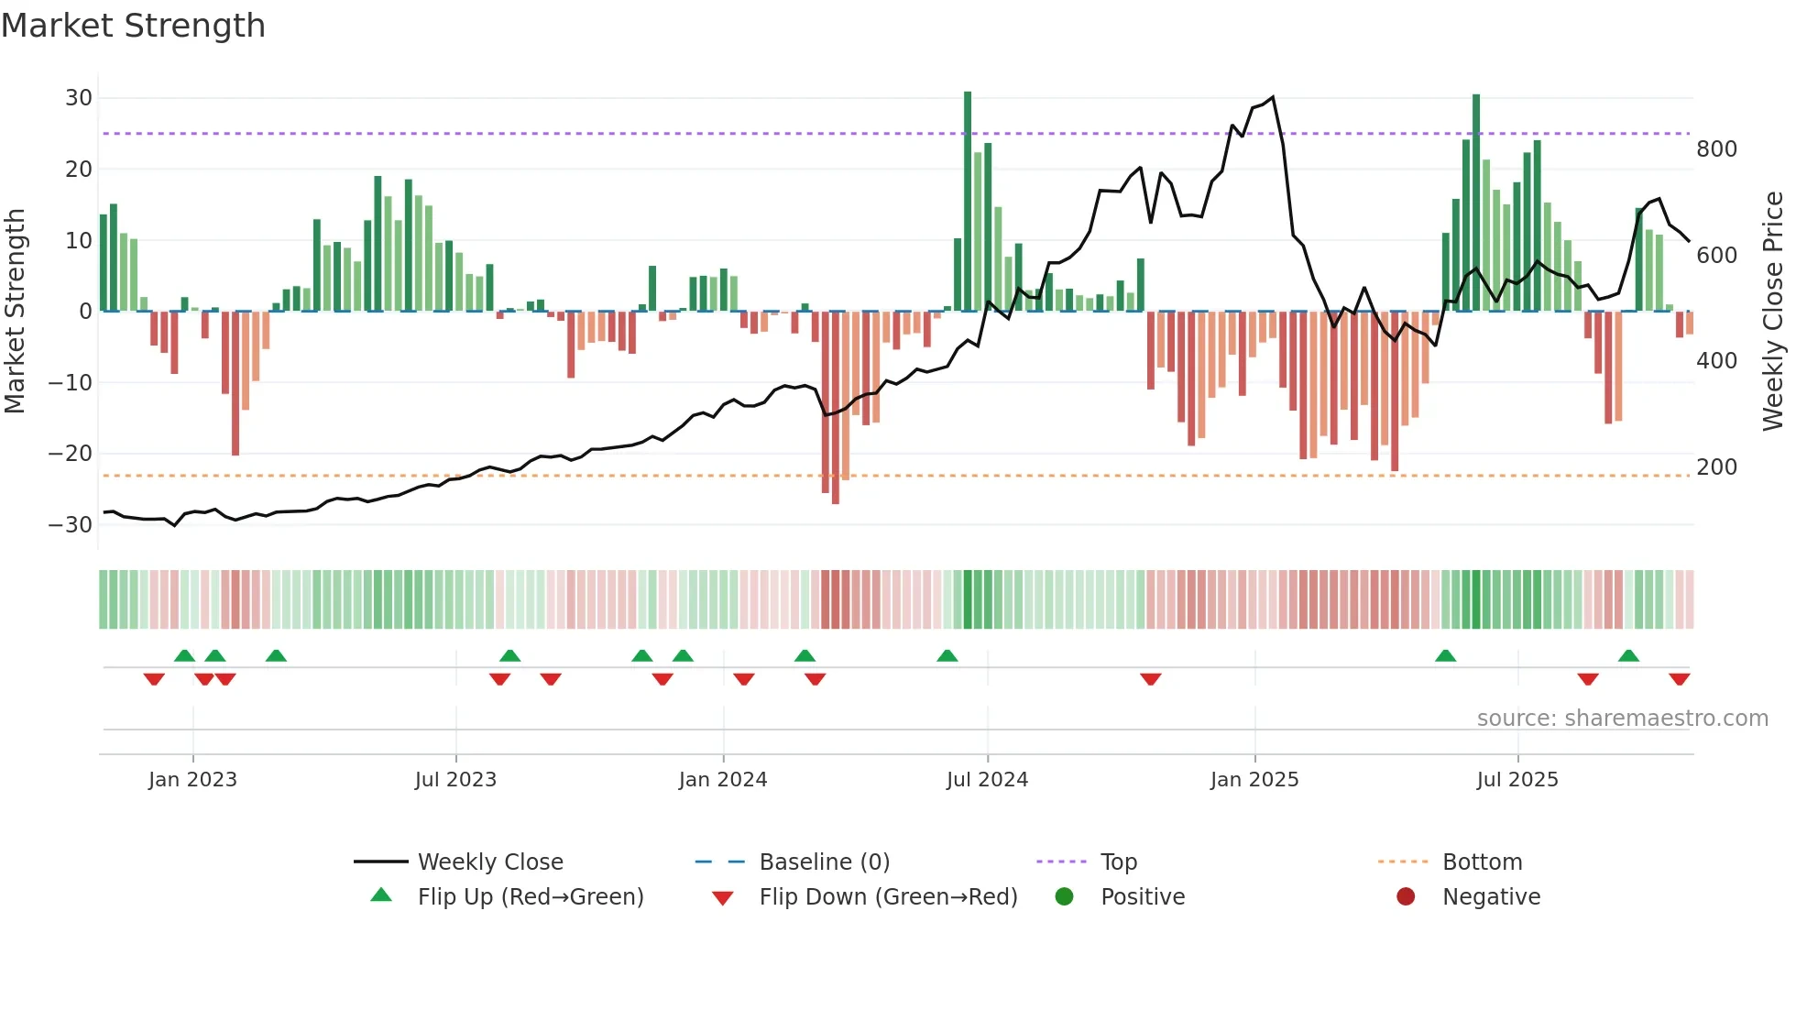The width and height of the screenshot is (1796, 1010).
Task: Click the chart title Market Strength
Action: tap(134, 26)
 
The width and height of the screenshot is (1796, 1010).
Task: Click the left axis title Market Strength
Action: tap(15, 312)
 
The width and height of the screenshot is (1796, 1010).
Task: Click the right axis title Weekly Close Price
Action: tap(1773, 312)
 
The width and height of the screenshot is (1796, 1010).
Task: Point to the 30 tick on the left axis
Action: tap(79, 98)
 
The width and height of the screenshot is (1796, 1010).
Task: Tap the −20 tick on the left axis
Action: tap(71, 454)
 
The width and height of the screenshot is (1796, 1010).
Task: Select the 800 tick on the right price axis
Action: tap(1716, 149)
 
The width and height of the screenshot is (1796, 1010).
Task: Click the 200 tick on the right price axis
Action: tap(1716, 467)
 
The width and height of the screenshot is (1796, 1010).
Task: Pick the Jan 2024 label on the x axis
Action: tap(723, 780)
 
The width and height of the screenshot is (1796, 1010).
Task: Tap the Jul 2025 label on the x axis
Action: tap(1517, 780)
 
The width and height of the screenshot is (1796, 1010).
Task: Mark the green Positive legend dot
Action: tap(1064, 897)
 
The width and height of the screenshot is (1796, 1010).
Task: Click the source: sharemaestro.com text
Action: tap(1622, 719)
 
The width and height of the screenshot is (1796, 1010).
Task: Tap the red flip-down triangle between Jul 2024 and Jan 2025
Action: tap(1151, 679)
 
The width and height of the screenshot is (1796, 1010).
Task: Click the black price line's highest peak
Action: tap(1273, 97)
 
